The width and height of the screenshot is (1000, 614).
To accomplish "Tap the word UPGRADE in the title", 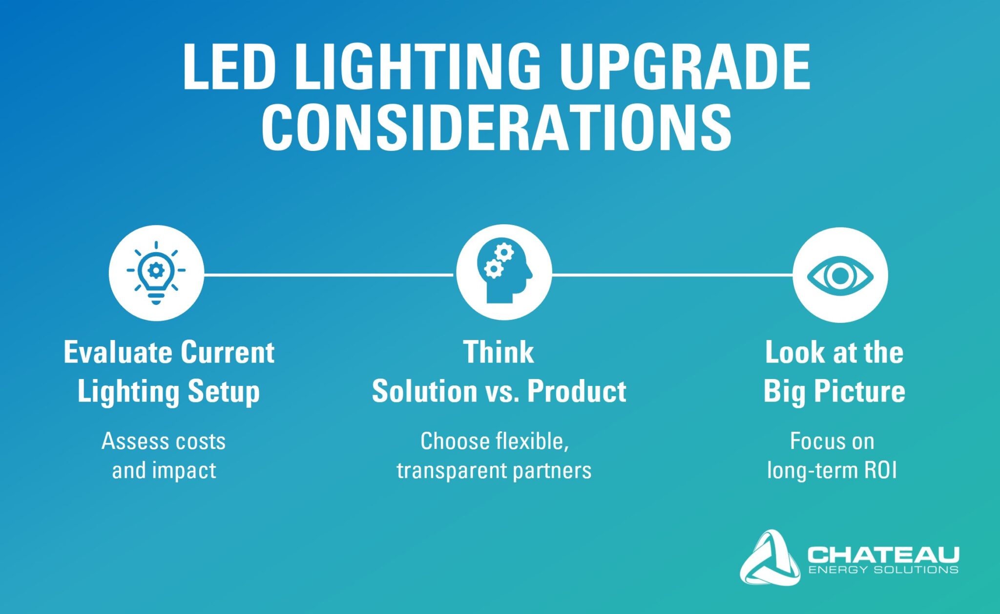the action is pos(685,66).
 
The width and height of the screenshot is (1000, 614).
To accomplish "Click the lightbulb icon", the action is pos(156,273).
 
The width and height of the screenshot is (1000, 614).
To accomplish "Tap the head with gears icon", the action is pos(504,273).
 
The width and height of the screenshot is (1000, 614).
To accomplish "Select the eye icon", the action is pos(840,275).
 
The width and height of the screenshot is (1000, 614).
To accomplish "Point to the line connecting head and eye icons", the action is pos(672,275).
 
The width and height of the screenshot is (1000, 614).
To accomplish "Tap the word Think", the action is pos(499,352).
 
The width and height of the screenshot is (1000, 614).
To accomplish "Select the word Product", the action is pos(577,392).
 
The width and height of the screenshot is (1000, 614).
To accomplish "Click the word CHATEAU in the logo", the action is pos(883,555).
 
